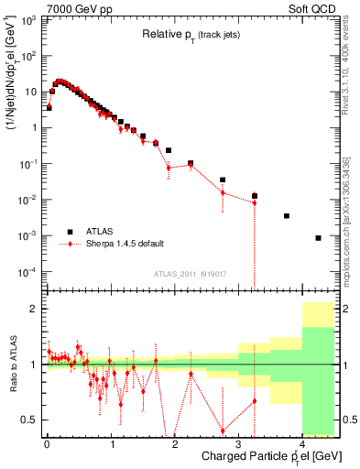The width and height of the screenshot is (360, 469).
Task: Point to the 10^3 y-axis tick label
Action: point(29,19)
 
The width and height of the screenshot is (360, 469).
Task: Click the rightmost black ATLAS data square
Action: point(318,238)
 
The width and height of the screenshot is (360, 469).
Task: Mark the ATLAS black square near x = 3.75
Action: point(287,216)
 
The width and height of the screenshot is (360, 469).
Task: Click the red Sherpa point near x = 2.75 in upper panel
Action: point(223,192)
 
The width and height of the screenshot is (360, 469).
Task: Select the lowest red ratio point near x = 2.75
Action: point(223,431)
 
